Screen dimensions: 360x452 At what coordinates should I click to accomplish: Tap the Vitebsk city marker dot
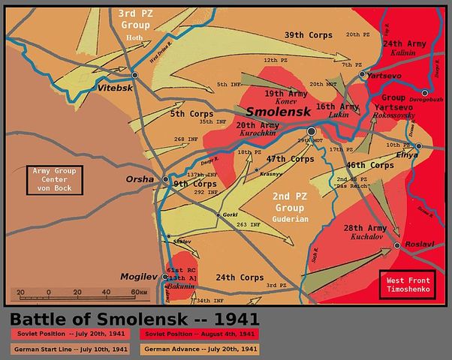click(135, 75)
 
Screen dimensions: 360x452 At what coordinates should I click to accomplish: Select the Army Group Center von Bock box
click(54, 180)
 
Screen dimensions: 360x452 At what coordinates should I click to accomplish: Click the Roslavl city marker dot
click(396, 245)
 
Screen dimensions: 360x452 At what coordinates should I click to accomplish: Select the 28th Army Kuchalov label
click(345, 232)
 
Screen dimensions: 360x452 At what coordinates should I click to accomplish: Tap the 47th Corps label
click(290, 159)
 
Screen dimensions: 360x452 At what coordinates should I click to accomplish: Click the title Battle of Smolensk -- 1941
click(134, 317)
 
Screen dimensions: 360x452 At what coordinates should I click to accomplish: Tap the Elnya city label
click(406, 154)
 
